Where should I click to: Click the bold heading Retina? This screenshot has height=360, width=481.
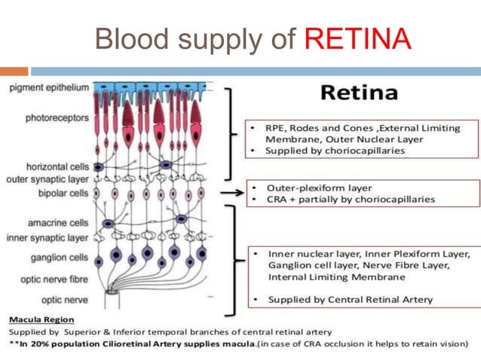359,93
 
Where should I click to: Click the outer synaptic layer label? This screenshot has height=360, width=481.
47,179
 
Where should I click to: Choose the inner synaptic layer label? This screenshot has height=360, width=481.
47,238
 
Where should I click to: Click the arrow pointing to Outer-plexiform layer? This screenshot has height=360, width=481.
235,193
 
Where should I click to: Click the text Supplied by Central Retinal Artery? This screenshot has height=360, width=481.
351,300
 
